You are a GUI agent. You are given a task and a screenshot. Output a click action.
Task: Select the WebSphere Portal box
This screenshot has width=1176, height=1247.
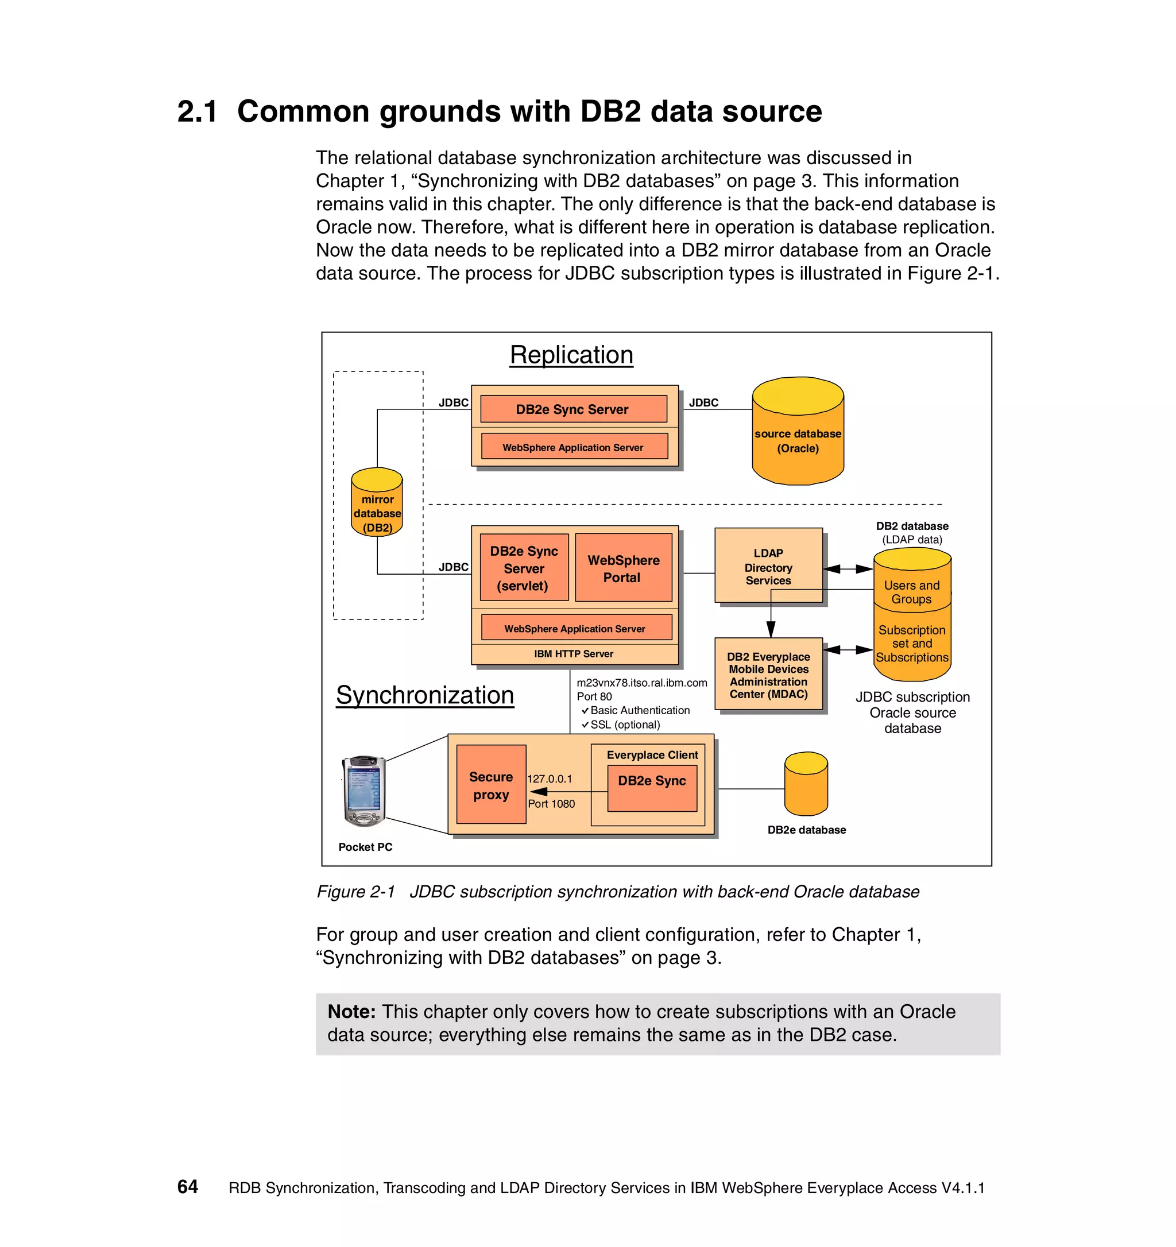(x=623, y=568)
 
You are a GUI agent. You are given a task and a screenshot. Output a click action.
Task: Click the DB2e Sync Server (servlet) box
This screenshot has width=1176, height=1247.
(x=524, y=568)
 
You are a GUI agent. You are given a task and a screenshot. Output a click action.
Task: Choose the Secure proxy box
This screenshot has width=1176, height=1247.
(x=490, y=785)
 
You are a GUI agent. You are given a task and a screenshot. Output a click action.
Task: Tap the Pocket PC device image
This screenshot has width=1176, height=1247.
(x=364, y=791)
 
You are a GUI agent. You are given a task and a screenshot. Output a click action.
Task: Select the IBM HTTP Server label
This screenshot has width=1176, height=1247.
(x=573, y=653)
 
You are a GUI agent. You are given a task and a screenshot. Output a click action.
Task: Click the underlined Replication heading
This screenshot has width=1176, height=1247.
(x=571, y=355)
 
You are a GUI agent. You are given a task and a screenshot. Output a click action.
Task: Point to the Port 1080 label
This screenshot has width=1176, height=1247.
(x=551, y=804)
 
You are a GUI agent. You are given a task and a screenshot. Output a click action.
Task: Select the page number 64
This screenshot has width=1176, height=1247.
(x=188, y=1187)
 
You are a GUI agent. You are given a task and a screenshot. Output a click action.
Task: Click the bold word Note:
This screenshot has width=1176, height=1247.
(x=351, y=1012)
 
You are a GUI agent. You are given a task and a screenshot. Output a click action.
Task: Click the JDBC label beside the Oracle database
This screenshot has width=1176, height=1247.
(x=703, y=402)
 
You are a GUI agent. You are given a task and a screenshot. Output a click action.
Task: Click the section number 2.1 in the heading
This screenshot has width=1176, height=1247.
(x=197, y=111)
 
